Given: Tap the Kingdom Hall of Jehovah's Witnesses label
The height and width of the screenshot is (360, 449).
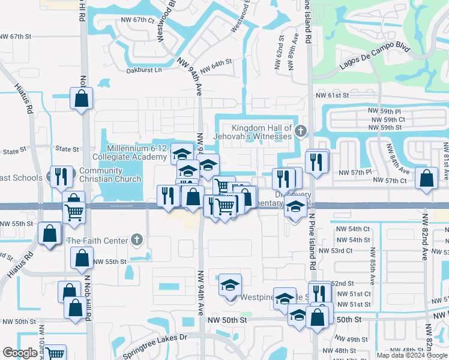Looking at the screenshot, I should click(262, 132).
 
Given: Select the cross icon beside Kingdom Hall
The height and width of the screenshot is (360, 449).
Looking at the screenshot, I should click(301, 130).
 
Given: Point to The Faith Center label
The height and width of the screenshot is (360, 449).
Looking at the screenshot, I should click(97, 241).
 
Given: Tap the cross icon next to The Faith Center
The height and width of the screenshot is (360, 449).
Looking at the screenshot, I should click(137, 241).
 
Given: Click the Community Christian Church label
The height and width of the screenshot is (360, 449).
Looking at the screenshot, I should click(110, 175).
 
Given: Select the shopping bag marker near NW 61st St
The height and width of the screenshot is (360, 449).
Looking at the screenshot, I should click(82, 97).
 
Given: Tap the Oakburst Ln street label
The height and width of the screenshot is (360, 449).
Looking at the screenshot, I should click(144, 70).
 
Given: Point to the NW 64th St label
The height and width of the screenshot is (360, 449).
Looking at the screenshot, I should click(215, 66).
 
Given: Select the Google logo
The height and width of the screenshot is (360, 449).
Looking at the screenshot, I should click(20, 353).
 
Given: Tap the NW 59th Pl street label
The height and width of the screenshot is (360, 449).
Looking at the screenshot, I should click(385, 112).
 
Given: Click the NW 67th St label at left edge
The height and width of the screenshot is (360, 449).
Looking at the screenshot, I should click(15, 37).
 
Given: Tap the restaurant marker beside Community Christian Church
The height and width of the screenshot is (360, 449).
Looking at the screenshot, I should click(61, 176).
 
